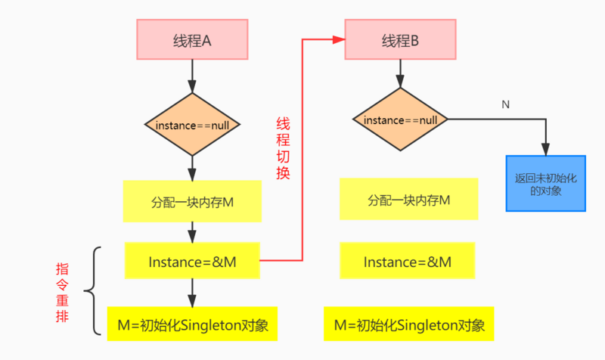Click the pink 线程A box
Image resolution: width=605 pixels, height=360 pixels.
(x=192, y=40)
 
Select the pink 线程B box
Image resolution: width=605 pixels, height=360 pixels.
(x=400, y=40)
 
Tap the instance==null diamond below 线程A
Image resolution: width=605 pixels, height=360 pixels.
(x=192, y=124)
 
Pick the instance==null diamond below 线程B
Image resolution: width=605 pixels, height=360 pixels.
(x=400, y=119)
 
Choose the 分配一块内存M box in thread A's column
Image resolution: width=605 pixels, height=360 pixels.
(x=192, y=201)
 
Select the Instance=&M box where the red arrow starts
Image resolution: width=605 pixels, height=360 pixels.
(x=192, y=261)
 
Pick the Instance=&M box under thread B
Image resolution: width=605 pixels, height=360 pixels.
(x=408, y=261)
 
